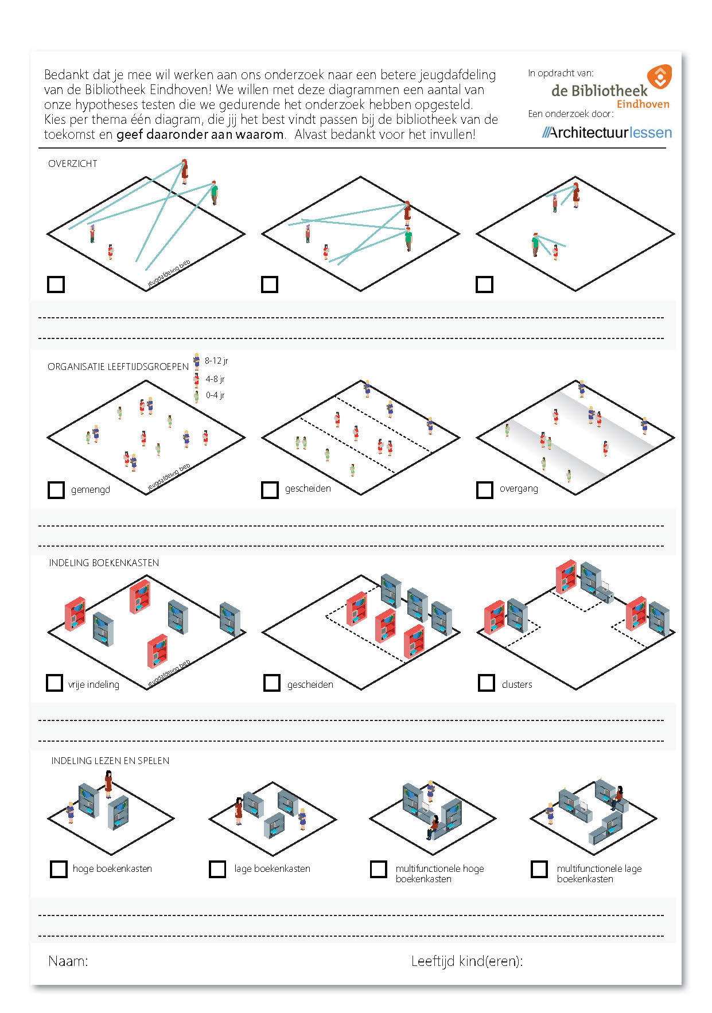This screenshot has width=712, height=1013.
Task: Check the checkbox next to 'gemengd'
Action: (x=56, y=490)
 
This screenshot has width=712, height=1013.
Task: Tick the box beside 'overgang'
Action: (x=484, y=490)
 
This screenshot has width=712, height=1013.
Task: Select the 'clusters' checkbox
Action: (x=487, y=683)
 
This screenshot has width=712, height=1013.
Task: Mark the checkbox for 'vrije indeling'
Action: (x=55, y=683)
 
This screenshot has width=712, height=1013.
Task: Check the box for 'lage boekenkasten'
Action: (x=217, y=869)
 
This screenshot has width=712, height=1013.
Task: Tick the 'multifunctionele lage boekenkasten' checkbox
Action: (x=539, y=869)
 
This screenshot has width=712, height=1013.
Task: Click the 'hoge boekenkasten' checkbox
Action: (x=59, y=869)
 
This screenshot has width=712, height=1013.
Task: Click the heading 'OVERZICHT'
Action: (x=73, y=163)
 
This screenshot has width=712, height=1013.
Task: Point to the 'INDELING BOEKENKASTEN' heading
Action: (x=104, y=563)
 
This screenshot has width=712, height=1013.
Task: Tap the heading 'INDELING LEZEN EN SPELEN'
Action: (x=110, y=761)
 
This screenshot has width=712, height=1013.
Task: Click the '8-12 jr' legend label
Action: (x=216, y=361)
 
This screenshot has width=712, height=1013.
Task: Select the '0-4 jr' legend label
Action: (x=215, y=395)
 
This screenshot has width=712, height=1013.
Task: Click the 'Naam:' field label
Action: (x=68, y=961)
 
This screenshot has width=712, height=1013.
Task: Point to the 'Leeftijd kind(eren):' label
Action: (x=467, y=961)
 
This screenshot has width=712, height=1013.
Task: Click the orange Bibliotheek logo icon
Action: (x=659, y=77)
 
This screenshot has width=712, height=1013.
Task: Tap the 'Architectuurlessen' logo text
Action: (x=607, y=133)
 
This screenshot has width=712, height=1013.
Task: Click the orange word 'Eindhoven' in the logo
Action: (x=643, y=104)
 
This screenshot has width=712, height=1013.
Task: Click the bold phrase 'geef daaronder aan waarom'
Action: (x=200, y=135)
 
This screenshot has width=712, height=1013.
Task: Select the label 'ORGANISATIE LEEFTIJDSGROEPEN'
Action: (x=118, y=367)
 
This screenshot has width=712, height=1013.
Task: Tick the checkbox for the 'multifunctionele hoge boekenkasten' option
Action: (x=379, y=869)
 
